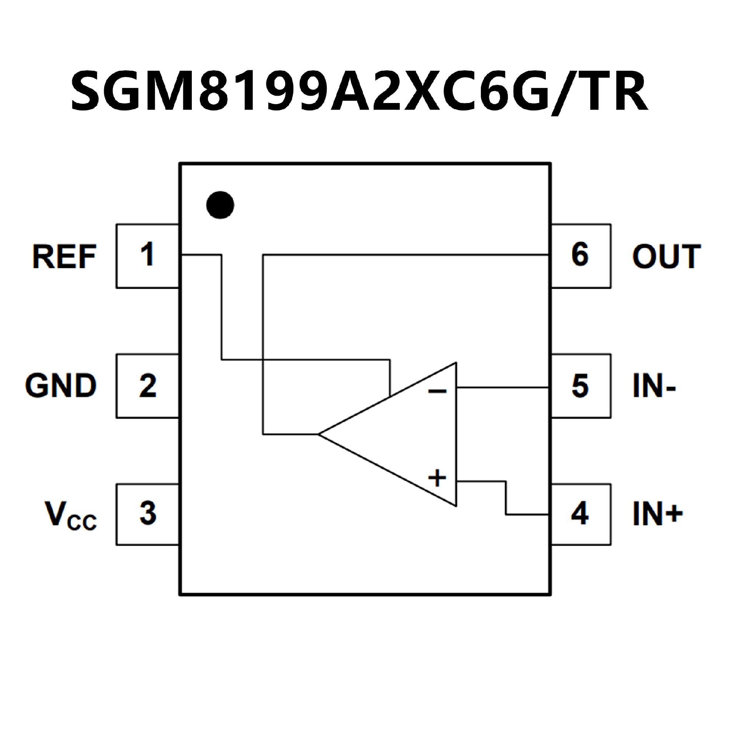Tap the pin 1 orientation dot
tap(220, 205)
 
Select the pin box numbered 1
tap(148, 256)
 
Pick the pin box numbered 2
tap(148, 386)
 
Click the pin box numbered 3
tap(148, 514)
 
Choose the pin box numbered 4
tap(580, 514)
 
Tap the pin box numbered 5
tap(580, 386)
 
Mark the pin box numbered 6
tap(580, 256)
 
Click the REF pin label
tap(64, 257)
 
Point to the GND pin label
tap(61, 386)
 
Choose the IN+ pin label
tap(658, 514)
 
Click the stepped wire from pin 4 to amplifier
tap(506, 498)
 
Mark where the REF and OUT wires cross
tap(263, 360)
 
